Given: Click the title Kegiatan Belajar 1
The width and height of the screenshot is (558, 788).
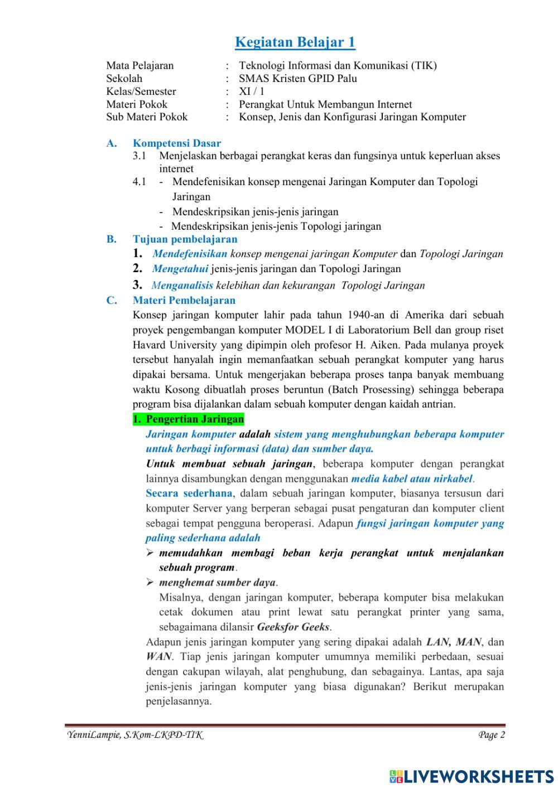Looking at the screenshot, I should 295,42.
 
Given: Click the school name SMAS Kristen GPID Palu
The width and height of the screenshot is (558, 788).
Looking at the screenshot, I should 298,79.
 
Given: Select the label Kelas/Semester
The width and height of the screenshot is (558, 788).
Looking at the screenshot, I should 141,91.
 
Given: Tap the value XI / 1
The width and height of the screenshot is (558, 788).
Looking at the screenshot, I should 252,91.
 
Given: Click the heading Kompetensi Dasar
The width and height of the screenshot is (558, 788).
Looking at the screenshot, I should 177,143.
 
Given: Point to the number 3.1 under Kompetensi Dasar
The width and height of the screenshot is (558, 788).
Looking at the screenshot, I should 139,156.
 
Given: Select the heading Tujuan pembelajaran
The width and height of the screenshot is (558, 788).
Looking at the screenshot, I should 185,239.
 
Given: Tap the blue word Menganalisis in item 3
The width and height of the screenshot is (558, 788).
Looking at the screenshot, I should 182,286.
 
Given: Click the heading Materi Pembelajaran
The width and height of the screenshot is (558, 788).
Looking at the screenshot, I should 184,301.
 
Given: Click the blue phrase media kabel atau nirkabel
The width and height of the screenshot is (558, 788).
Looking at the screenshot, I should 412,478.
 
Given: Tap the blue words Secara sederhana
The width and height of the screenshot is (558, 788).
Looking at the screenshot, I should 189,494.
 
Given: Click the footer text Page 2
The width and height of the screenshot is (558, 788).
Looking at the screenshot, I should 491,735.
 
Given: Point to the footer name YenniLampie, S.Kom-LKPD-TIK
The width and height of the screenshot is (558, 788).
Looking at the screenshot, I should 134,735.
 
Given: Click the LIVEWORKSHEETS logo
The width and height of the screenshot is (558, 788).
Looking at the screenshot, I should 472,776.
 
